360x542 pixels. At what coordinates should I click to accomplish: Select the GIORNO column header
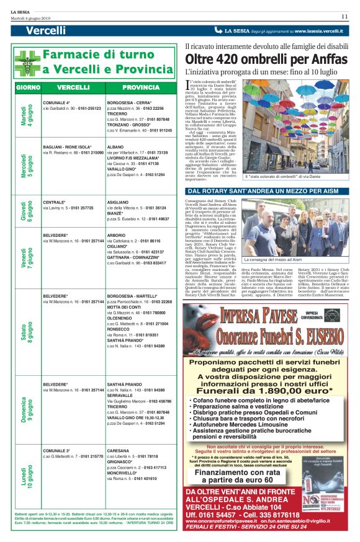click(28, 87)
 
